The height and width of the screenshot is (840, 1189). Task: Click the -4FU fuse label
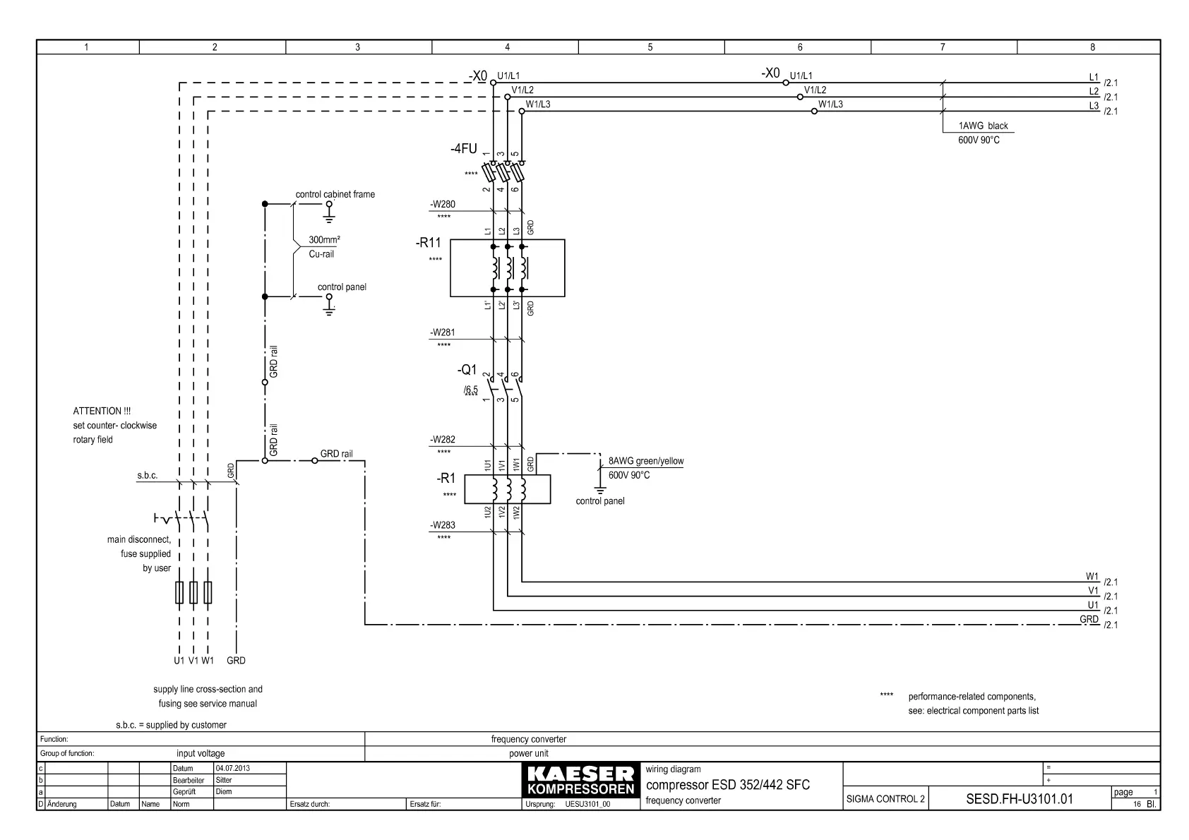point(463,149)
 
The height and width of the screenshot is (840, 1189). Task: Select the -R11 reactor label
point(428,244)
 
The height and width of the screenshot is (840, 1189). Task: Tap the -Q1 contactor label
point(467,370)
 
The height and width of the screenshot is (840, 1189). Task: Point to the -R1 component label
point(446,479)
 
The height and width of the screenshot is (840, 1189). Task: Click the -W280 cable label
point(443,205)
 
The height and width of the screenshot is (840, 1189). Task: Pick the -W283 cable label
point(443,525)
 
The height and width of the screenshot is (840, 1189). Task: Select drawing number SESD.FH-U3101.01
point(1019,799)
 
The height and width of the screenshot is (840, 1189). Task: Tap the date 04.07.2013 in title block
point(232,768)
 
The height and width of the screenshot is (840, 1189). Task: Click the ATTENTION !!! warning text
point(102,411)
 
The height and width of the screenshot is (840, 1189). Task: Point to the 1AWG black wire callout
point(983,126)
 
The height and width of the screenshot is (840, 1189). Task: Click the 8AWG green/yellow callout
point(646,462)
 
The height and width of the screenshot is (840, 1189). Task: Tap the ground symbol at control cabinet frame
point(328,209)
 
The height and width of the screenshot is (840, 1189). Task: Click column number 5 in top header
point(650,47)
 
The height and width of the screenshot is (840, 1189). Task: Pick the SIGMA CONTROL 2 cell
point(885,799)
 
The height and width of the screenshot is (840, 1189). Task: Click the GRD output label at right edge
point(1089,619)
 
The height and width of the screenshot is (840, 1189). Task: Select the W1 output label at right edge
point(1092,577)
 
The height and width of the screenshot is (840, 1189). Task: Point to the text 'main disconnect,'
point(139,539)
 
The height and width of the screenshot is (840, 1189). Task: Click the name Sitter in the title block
point(224,780)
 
